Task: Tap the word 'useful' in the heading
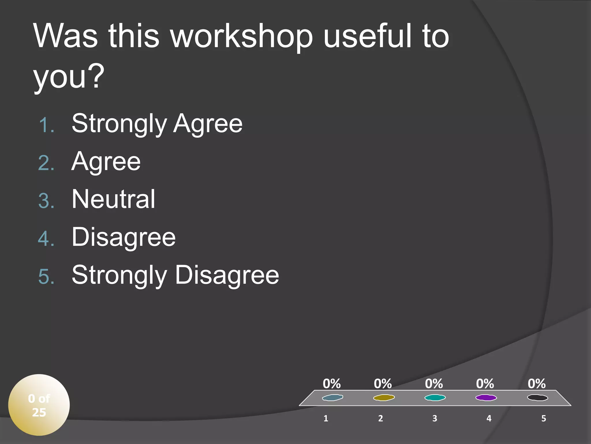click(366, 36)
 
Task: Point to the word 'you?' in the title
click(69, 76)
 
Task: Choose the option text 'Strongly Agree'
click(157, 124)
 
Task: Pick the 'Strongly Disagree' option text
click(175, 275)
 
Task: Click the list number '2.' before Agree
click(46, 163)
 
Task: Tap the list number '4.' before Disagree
click(46, 239)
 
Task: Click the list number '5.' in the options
click(46, 277)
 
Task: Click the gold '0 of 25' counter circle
click(39, 405)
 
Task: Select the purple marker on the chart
click(486, 398)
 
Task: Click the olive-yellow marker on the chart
click(384, 398)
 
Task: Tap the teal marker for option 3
click(435, 398)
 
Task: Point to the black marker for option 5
click(537, 398)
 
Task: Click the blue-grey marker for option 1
click(332, 398)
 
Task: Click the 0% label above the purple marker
click(485, 384)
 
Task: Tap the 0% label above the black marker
click(537, 384)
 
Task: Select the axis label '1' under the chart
click(326, 418)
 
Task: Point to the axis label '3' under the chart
click(435, 418)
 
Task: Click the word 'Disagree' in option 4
click(124, 237)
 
